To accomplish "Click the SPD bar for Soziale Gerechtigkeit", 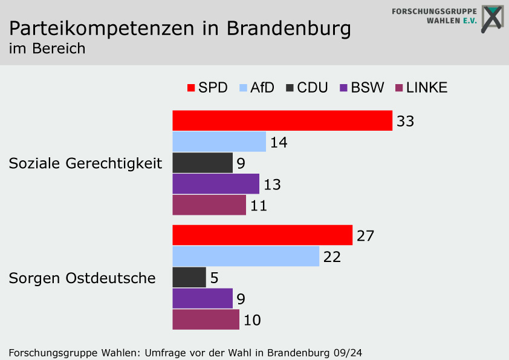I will coord(282,121).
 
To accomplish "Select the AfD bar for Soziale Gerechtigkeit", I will coord(219,142).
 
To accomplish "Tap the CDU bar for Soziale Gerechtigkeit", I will coord(203,163).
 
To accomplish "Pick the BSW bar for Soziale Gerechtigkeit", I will coord(216,184).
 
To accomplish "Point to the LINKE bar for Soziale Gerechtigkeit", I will coord(209,205).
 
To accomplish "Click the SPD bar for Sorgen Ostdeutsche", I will coord(262,235).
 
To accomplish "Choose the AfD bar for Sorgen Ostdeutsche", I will coord(245,257).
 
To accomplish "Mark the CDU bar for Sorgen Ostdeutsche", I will coord(189,278).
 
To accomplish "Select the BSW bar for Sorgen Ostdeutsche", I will coord(203,298).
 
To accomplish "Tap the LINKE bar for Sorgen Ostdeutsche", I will coord(206,319).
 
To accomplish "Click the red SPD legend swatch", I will coord(191,88).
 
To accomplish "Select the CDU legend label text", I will coord(313,88).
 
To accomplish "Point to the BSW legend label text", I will coord(368,88).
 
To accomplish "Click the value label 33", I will coord(405,122).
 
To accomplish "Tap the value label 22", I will coord(332,257).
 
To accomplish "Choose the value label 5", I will coord(214,278).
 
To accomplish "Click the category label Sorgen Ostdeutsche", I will coord(82,278).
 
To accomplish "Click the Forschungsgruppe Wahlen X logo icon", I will coord(492,18).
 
